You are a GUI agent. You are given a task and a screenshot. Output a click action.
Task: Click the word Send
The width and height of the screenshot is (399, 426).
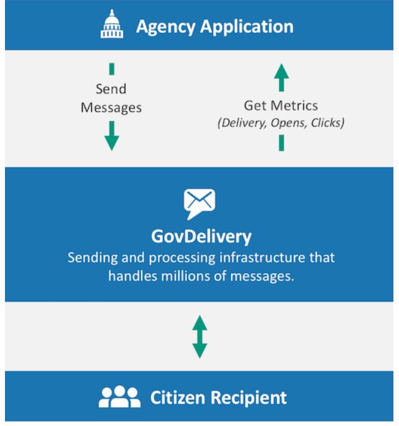point(112,90)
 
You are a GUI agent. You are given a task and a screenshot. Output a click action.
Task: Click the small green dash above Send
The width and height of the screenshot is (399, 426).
point(112,69)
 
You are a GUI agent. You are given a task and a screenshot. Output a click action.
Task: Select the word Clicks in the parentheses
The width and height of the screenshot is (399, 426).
point(327,122)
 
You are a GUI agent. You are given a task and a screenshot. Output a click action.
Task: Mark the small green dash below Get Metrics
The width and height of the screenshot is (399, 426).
point(282,144)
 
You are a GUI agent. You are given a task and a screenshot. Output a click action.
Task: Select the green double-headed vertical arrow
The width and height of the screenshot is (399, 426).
point(199,336)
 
